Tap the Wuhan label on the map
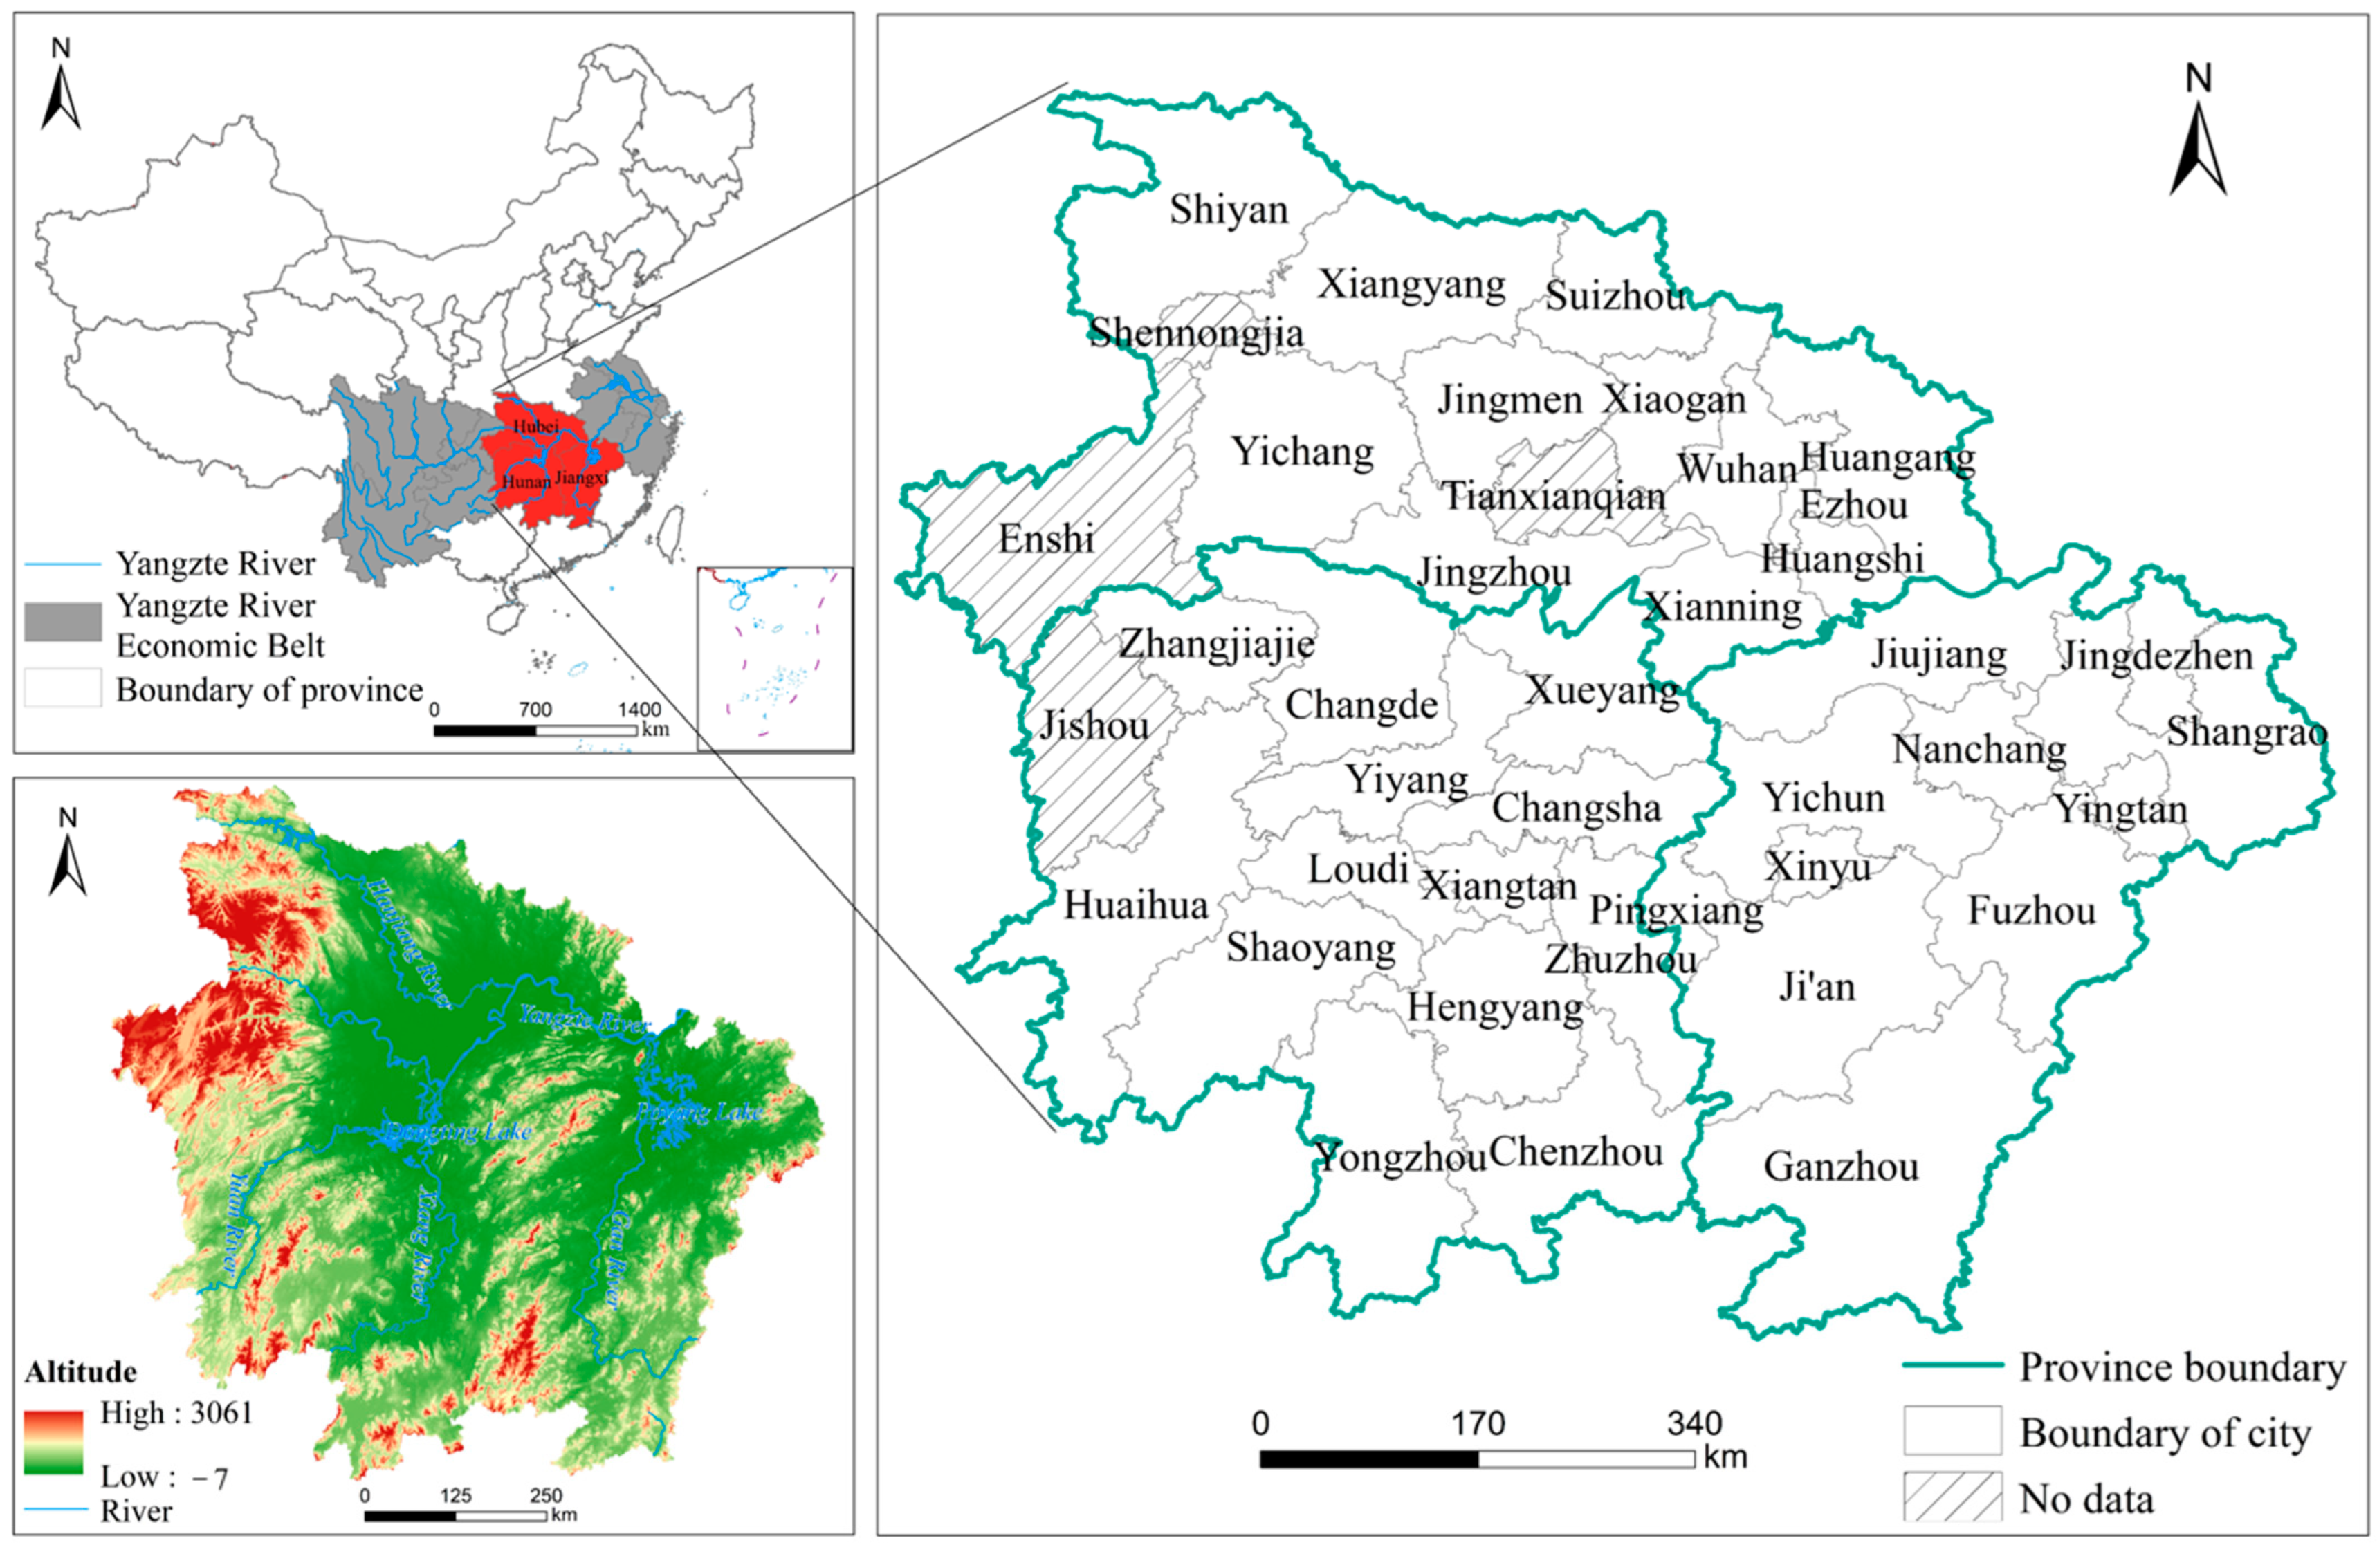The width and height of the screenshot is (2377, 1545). pyautogui.click(x=1737, y=468)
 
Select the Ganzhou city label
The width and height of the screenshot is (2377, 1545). pyautogui.click(x=1841, y=1167)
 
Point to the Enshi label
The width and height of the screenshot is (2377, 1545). pyautogui.click(x=1046, y=539)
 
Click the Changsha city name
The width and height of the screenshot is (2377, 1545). pyautogui.click(x=1576, y=807)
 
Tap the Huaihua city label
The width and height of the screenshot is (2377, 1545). pyautogui.click(x=1135, y=905)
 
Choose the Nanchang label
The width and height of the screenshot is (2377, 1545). pyautogui.click(x=1979, y=749)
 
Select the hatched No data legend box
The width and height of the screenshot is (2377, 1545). pyautogui.click(x=1952, y=1497)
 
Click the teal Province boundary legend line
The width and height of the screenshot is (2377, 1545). pyautogui.click(x=1952, y=1365)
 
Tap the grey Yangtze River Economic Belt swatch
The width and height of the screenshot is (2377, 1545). pyautogui.click(x=63, y=621)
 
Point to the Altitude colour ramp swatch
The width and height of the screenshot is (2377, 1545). pyautogui.click(x=53, y=1442)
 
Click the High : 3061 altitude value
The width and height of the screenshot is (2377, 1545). pyautogui.click(x=176, y=1413)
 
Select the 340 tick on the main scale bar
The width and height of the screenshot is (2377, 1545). pyautogui.click(x=1694, y=1423)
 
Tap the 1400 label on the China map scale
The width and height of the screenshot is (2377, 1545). pyautogui.click(x=639, y=710)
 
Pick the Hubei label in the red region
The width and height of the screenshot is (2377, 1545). pyautogui.click(x=535, y=427)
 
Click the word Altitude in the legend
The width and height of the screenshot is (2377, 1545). pyautogui.click(x=80, y=1371)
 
